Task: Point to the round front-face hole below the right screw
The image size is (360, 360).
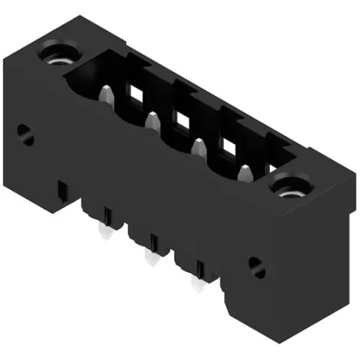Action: [x=256, y=265]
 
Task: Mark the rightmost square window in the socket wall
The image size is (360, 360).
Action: [x=229, y=147]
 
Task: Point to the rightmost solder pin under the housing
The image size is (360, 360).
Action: [x=194, y=283]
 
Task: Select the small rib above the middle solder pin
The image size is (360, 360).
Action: [x=153, y=240]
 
